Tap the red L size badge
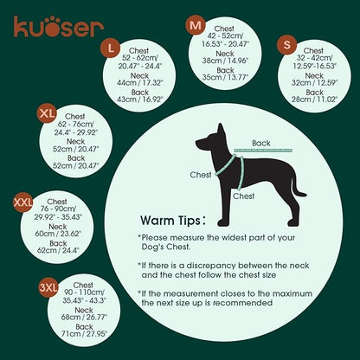[111, 46]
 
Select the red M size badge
[196, 26]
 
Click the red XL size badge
[47, 113]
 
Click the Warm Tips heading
[173, 221]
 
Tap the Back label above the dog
[260, 144]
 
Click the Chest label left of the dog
[201, 173]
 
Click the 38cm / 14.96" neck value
[225, 61]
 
